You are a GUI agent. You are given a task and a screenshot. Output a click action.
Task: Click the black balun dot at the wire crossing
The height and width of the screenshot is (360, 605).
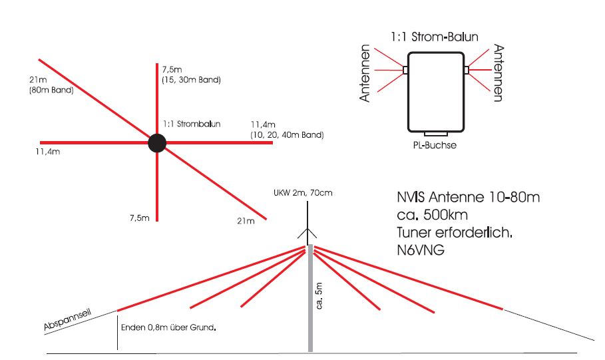pyautogui.click(x=157, y=143)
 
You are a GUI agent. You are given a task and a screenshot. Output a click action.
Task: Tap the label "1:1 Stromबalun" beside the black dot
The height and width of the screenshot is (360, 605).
pyautogui.click(x=192, y=124)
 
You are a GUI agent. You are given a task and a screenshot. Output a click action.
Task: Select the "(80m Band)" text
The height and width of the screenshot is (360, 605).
pyautogui.click(x=51, y=90)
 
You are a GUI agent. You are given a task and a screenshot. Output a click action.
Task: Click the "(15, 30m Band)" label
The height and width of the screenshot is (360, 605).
pyautogui.click(x=192, y=80)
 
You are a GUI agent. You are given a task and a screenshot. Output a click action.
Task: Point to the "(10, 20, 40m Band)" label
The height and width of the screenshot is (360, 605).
pyautogui.click(x=287, y=135)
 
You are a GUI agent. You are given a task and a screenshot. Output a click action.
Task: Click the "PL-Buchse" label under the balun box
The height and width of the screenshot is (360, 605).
pyautogui.click(x=435, y=146)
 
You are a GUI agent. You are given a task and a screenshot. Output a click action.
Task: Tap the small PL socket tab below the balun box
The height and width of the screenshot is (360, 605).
pyautogui.click(x=436, y=134)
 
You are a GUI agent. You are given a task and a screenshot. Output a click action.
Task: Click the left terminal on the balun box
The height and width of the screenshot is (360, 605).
pyautogui.click(x=405, y=70)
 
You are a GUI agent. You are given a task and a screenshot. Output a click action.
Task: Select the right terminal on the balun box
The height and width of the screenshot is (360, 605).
pyautogui.click(x=467, y=70)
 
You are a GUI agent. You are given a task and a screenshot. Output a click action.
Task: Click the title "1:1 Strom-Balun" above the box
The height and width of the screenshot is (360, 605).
pyautogui.click(x=434, y=37)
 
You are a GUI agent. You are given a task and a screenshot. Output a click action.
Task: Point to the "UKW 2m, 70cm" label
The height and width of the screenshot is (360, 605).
pyautogui.click(x=303, y=193)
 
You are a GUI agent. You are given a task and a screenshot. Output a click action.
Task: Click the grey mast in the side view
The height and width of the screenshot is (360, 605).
pyautogui.click(x=310, y=298)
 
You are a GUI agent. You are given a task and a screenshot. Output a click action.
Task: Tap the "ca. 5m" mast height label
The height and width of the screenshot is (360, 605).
pyautogui.click(x=319, y=295)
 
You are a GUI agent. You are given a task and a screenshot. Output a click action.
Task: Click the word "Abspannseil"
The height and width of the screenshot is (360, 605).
pyautogui.click(x=67, y=320)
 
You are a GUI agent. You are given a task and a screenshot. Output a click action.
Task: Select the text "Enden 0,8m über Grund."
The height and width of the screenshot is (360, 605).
pyautogui.click(x=168, y=327)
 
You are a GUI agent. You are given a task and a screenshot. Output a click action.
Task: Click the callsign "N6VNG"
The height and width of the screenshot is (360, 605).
pyautogui.click(x=421, y=250)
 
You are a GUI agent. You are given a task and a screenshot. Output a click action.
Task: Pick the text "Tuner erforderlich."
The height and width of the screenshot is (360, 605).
pyautogui.click(x=455, y=233)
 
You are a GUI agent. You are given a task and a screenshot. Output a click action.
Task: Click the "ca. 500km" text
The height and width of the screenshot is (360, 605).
pyautogui.click(x=432, y=215)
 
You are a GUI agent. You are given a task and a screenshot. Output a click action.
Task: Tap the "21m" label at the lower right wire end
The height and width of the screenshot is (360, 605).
pyautogui.click(x=246, y=221)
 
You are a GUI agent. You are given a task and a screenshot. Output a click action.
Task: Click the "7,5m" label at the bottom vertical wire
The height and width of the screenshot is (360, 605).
pyautogui.click(x=140, y=218)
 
